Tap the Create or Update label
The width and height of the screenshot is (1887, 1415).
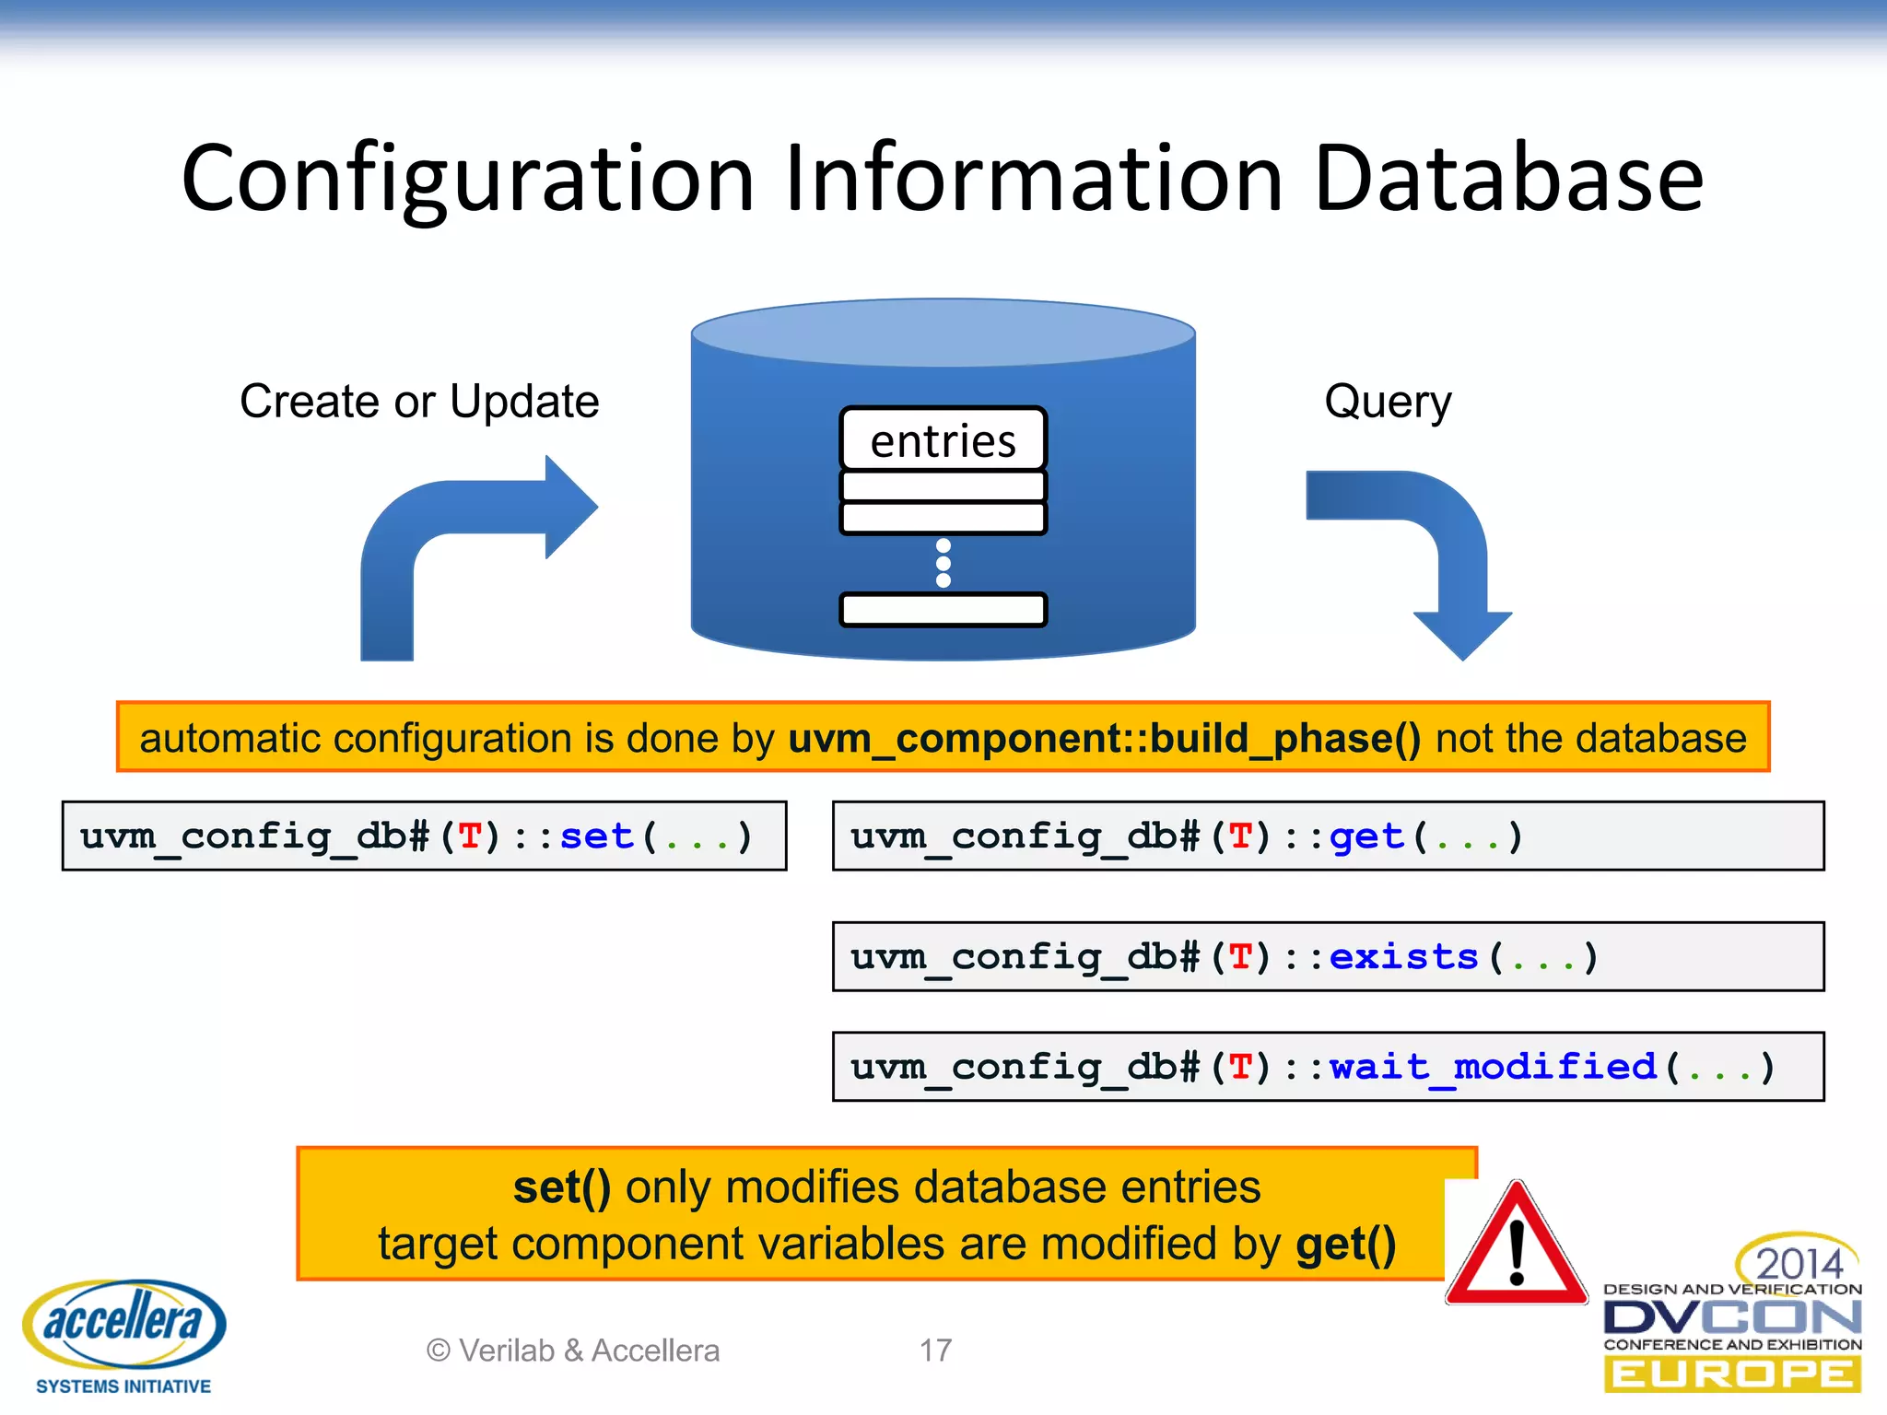coord(419,402)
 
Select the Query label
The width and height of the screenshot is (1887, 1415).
coord(1388,402)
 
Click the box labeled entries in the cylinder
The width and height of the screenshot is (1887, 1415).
coord(943,440)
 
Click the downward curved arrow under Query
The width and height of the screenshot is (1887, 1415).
coord(1437,553)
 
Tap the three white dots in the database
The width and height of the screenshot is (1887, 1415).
coord(943,563)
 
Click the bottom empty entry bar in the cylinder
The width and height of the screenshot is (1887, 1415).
coord(943,610)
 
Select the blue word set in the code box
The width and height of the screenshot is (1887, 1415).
coord(596,836)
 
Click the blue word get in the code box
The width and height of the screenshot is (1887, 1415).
coord(1366,836)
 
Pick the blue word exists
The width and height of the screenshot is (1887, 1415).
coord(1403,957)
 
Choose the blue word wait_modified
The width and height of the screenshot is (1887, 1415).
coord(1493,1067)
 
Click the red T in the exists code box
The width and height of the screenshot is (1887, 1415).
coord(1240,957)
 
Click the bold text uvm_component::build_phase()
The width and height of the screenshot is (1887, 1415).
coord(1105,738)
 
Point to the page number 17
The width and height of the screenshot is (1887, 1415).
coord(935,1351)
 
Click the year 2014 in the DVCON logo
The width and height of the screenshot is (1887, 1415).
coord(1799,1263)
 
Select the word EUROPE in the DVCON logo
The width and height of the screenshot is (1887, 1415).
coord(1732,1375)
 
